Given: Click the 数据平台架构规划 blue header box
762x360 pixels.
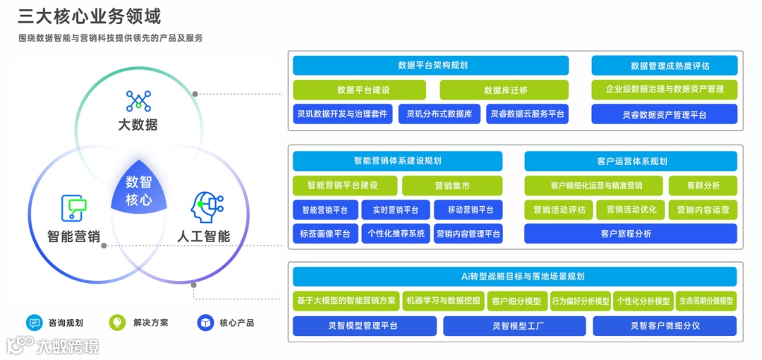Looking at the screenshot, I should tap(430, 66).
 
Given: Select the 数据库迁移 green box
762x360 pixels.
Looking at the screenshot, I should tap(505, 90).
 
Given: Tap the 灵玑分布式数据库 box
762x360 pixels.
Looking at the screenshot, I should tap(439, 114).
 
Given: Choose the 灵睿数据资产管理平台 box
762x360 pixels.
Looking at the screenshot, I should tap(664, 114).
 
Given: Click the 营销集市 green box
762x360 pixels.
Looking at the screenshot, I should tap(452, 186).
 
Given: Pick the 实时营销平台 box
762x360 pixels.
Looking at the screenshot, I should tap(395, 210).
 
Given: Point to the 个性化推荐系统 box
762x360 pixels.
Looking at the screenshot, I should tap(396, 234).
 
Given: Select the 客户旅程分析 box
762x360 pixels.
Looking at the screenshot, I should tap(630, 234).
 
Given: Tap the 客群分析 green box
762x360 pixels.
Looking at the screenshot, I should tap(703, 186).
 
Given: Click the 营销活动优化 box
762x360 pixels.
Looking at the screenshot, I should tap(631, 210).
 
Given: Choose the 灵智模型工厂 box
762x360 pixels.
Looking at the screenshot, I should tap(514, 326).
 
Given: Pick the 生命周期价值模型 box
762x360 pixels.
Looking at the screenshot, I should tap(706, 301).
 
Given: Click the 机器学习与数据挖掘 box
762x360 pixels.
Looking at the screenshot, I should tap(443, 301).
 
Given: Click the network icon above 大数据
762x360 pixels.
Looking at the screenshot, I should tap(138, 101).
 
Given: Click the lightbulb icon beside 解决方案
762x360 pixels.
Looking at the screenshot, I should tap(117, 323).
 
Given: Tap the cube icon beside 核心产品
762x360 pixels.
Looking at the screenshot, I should tap(205, 323).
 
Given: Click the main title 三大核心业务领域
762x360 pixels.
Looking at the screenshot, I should tap(89, 16).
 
